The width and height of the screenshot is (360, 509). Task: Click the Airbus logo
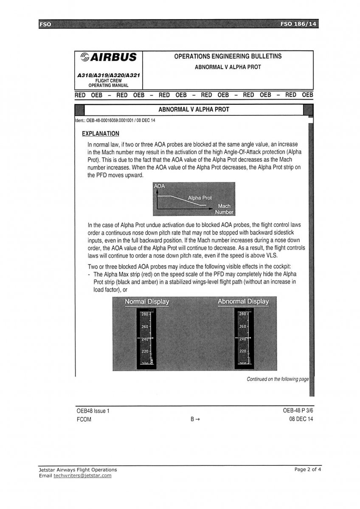click(x=109, y=57)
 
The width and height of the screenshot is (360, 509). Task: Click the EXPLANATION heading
click(x=101, y=134)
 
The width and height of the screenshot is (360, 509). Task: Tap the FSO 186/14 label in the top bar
click(x=298, y=24)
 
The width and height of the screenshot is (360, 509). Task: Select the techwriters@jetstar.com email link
click(x=82, y=475)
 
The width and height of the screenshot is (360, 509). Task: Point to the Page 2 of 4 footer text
click(x=308, y=470)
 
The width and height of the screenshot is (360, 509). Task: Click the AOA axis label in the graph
click(x=159, y=186)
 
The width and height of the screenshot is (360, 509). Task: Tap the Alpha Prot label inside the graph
click(x=200, y=198)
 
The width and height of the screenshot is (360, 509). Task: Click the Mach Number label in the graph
click(x=224, y=209)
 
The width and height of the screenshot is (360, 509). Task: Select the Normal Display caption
click(x=146, y=302)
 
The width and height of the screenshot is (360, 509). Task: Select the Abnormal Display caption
click(x=243, y=302)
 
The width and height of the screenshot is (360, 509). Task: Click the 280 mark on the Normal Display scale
click(x=145, y=314)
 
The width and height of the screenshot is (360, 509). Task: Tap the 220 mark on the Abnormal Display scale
click(x=242, y=351)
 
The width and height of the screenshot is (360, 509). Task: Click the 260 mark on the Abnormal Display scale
click(x=242, y=327)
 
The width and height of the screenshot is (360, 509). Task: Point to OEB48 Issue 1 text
click(x=93, y=411)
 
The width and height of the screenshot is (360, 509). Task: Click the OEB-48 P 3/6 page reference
click(x=298, y=411)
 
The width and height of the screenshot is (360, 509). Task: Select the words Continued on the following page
click(x=278, y=379)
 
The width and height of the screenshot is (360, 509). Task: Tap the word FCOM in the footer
click(x=84, y=420)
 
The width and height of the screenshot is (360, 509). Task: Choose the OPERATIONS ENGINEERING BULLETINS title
click(x=228, y=56)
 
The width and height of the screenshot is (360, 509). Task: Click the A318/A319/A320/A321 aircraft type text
click(x=109, y=75)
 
